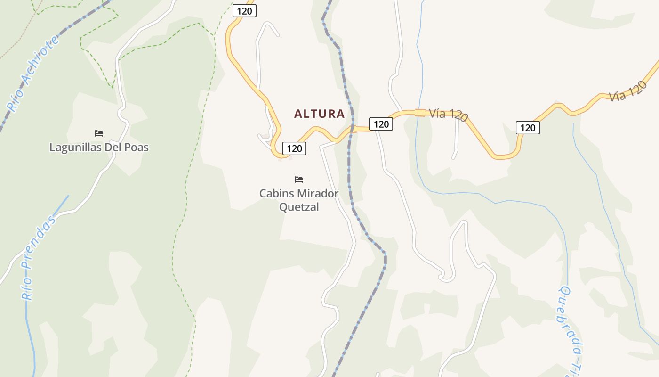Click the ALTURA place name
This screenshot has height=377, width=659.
point(319,114)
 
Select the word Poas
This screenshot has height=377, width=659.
point(137,148)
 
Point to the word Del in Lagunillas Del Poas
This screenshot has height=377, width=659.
point(113,148)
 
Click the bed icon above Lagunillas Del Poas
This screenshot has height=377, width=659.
point(99,133)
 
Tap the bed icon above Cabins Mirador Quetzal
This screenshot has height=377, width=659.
point(299,179)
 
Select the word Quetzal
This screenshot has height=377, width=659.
point(299,207)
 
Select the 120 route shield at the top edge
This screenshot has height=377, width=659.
point(244,11)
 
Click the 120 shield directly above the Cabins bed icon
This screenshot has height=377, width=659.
point(294,148)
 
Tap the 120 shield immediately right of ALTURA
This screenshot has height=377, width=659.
point(381,124)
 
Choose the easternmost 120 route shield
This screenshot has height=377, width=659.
point(528,127)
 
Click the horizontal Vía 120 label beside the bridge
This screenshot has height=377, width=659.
point(449,115)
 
